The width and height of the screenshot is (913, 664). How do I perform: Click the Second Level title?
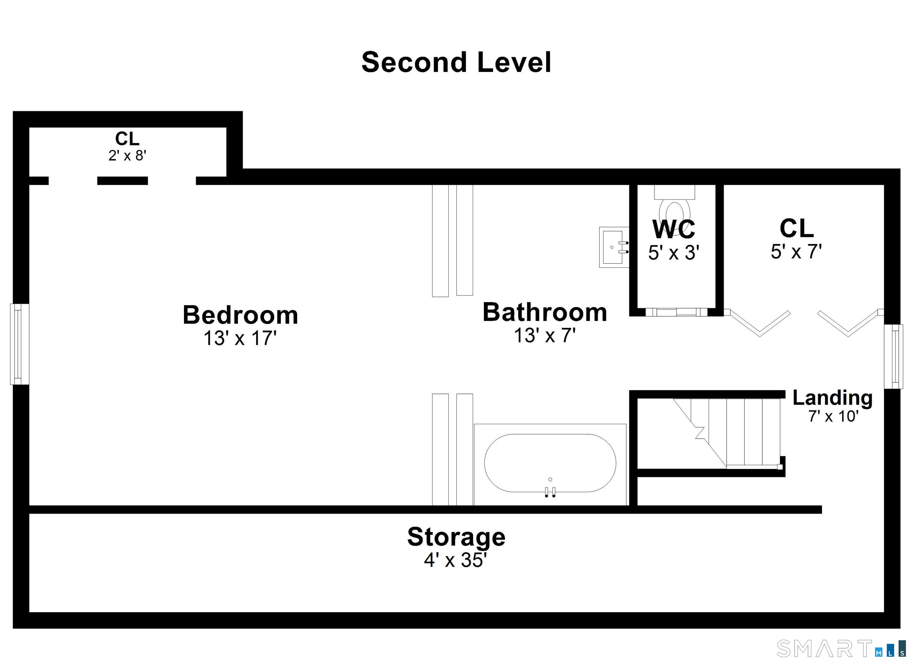456,62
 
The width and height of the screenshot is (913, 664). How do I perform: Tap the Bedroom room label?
240,315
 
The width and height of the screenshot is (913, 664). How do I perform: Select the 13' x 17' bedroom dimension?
240,338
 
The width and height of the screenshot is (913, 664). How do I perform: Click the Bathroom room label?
545,312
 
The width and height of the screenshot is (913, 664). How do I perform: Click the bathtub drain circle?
550,479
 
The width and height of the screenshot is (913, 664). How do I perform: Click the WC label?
674,229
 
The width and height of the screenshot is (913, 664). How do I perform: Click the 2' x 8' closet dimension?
127,155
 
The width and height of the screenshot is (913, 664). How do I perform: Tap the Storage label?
456,537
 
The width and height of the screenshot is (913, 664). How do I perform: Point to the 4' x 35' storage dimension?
455,560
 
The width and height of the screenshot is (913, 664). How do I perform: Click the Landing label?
832,398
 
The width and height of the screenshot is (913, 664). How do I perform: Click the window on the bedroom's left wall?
19,344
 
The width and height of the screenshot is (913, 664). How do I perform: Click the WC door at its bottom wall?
676,312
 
